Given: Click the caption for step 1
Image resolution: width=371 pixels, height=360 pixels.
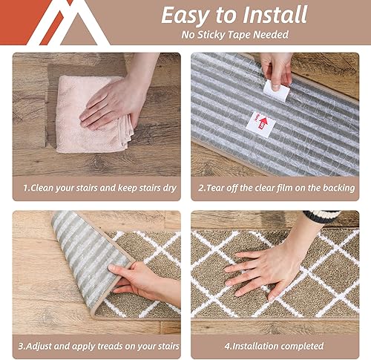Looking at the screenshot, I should tap(96, 188).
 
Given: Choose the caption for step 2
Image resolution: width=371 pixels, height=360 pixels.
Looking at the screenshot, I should tap(275, 188).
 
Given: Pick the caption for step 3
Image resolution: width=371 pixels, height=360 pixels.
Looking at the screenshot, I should tap(96, 346).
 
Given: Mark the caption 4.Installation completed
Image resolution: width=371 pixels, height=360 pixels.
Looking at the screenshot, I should tap(275, 346).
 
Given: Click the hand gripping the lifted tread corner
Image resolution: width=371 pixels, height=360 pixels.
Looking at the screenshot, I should tap(137, 278).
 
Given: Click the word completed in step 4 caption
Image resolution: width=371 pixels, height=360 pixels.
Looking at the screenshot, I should tap(300, 346).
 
